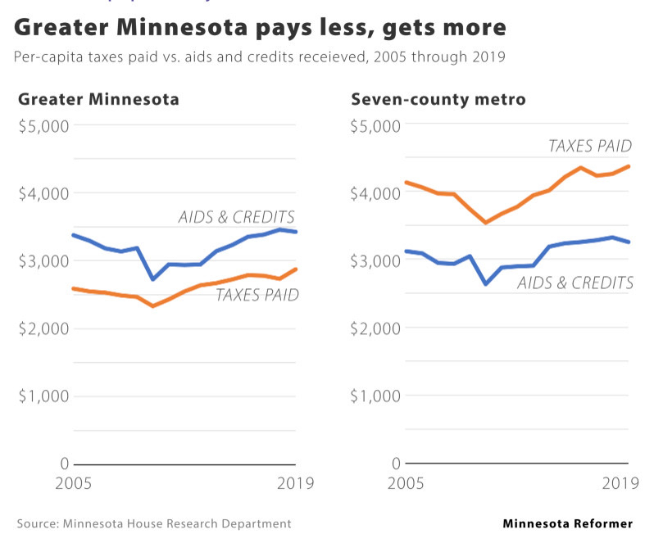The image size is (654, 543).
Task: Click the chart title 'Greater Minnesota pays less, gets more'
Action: (x=260, y=29)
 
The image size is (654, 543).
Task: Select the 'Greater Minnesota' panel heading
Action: (x=98, y=100)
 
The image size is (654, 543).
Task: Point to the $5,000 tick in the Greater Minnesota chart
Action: (x=43, y=125)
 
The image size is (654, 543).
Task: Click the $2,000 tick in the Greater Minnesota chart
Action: (x=43, y=328)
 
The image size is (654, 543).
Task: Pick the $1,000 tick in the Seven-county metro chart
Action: (x=376, y=396)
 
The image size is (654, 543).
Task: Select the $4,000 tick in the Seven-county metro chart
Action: (x=376, y=193)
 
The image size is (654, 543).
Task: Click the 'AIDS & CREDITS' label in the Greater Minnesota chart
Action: (x=236, y=217)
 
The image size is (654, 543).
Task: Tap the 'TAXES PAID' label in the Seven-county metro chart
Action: (x=590, y=147)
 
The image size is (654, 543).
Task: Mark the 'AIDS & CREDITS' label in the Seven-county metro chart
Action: (x=575, y=283)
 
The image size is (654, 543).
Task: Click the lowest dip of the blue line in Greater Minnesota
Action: (x=153, y=279)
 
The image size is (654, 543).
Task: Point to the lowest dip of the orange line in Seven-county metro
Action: (x=486, y=222)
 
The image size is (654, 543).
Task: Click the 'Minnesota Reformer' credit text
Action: (x=567, y=523)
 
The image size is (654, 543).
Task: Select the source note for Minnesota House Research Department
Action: (x=154, y=523)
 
